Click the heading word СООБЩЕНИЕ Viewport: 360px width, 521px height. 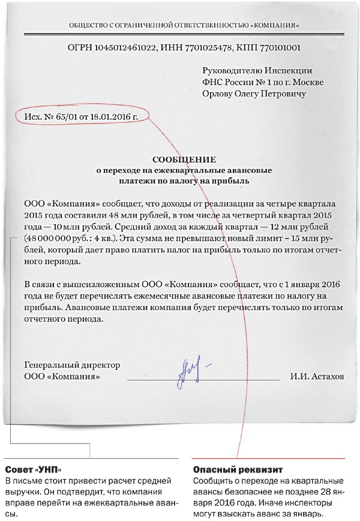[183, 159]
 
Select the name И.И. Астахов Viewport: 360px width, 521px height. [317, 378]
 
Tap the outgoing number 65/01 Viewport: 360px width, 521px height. [67, 116]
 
